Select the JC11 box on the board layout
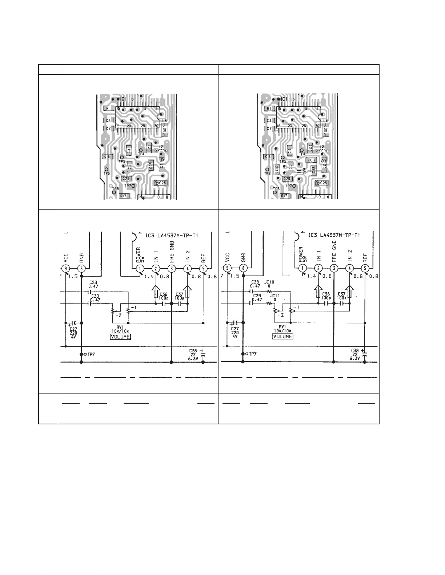tap(312, 160)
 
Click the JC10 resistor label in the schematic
tap(269, 282)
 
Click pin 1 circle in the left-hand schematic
tap(139, 269)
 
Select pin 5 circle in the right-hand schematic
tap(365, 269)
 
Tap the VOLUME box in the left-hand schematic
tap(120, 337)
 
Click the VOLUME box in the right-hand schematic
tap(282, 337)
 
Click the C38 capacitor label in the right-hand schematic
tap(355, 351)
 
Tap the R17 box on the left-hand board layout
tap(124, 196)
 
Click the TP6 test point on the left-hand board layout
tap(107, 170)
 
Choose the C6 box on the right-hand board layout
tap(268, 156)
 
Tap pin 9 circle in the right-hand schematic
tap(227, 269)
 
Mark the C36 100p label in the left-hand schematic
tap(163, 296)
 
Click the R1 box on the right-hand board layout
tap(269, 108)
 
